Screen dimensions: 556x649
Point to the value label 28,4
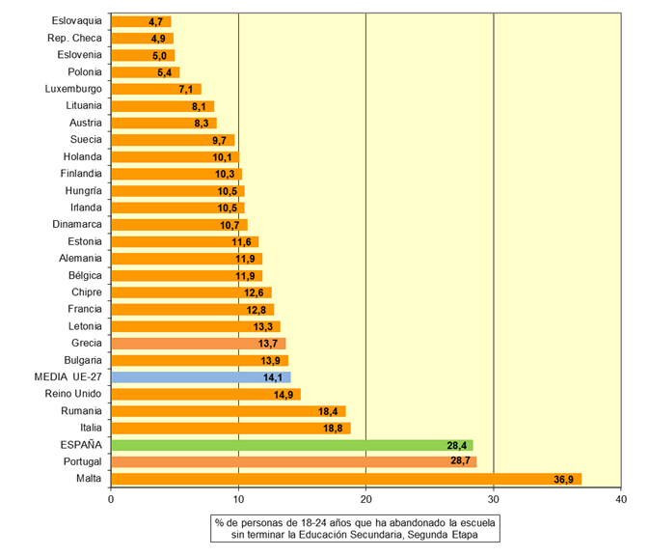point(457,445)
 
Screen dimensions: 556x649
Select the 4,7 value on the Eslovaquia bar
point(155,21)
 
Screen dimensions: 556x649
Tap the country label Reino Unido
point(73,394)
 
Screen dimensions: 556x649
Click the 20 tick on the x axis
point(365,499)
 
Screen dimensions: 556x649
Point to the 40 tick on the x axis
point(620,499)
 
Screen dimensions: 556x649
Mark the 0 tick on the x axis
point(111,499)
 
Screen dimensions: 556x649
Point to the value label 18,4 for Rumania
point(330,411)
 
